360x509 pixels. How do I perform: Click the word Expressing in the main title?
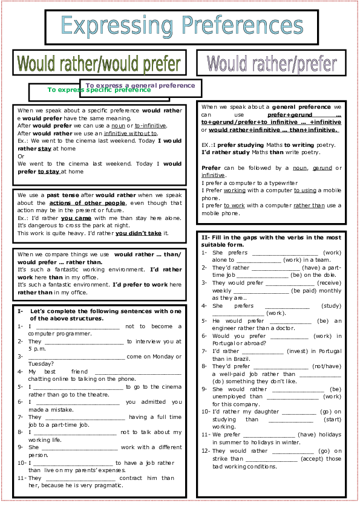tap(120, 26)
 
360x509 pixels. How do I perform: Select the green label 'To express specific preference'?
tap(99, 90)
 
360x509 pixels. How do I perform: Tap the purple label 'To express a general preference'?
tap(140, 85)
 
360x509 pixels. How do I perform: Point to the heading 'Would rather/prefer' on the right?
tap(272, 63)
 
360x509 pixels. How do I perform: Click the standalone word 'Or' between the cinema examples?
tap(21, 155)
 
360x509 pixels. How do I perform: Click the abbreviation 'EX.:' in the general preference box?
tap(208, 144)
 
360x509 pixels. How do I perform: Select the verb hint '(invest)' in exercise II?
tap(292, 350)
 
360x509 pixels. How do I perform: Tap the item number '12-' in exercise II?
tap(205, 450)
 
